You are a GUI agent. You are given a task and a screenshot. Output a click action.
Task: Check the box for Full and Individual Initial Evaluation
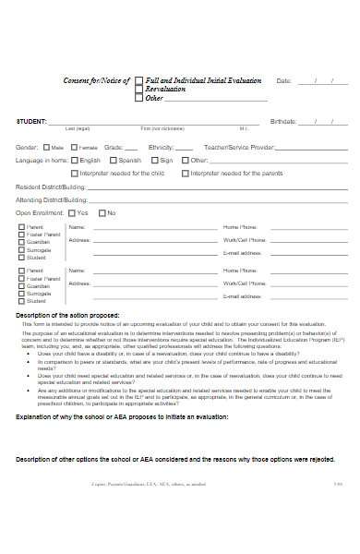(139, 81)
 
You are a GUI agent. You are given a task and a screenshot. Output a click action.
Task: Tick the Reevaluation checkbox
(139, 90)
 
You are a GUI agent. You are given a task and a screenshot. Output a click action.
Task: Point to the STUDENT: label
(32, 122)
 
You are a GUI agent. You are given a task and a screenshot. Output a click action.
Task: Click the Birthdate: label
(283, 122)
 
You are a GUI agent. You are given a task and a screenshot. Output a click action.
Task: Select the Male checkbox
(47, 148)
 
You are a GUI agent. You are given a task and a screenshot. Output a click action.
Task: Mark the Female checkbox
(75, 148)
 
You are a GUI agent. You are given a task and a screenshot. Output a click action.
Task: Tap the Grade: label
(114, 147)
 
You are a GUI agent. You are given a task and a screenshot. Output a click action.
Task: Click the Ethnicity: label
(161, 147)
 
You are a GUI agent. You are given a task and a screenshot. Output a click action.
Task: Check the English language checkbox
(74, 160)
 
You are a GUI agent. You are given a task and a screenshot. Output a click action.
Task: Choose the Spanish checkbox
(113, 160)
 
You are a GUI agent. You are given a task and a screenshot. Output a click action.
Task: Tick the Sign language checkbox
(154, 160)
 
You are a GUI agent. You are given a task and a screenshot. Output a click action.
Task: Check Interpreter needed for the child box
(74, 173)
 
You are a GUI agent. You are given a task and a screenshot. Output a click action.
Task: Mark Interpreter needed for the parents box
(186, 173)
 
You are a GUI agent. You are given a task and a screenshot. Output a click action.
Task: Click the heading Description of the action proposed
(75, 316)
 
